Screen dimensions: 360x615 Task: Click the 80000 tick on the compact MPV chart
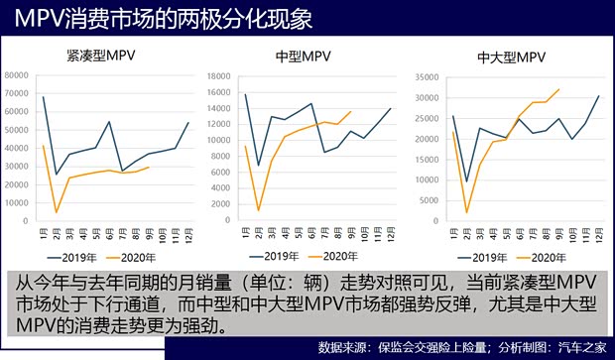click(18, 75)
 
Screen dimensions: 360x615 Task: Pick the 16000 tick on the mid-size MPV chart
click(220, 75)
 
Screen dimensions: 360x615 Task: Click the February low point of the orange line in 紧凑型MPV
click(57, 212)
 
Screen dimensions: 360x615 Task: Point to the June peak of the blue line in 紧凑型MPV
click(109, 122)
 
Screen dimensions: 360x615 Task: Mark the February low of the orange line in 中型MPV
click(259, 211)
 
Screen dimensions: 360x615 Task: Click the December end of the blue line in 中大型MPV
click(598, 96)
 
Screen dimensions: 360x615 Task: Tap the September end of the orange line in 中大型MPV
click(559, 89)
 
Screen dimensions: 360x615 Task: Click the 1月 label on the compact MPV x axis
click(44, 235)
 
